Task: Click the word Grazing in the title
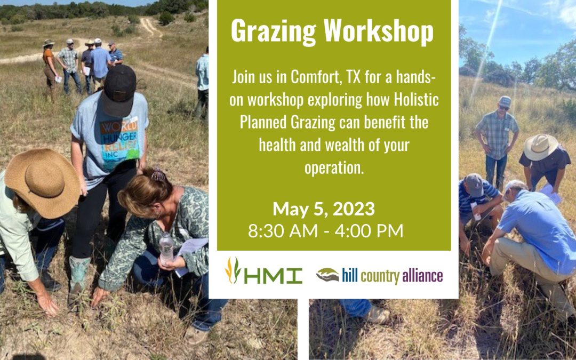click(x=274, y=31)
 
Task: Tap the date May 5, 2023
click(x=324, y=209)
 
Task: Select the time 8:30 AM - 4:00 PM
click(x=325, y=231)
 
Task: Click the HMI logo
click(x=263, y=271)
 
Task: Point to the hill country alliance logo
click(x=380, y=276)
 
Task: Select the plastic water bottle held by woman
click(x=166, y=249)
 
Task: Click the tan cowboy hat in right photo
click(x=540, y=147)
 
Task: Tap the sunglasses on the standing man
click(x=503, y=107)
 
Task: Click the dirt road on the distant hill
click(x=151, y=27)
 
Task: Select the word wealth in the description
click(x=345, y=145)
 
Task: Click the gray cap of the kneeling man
click(x=474, y=185)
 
